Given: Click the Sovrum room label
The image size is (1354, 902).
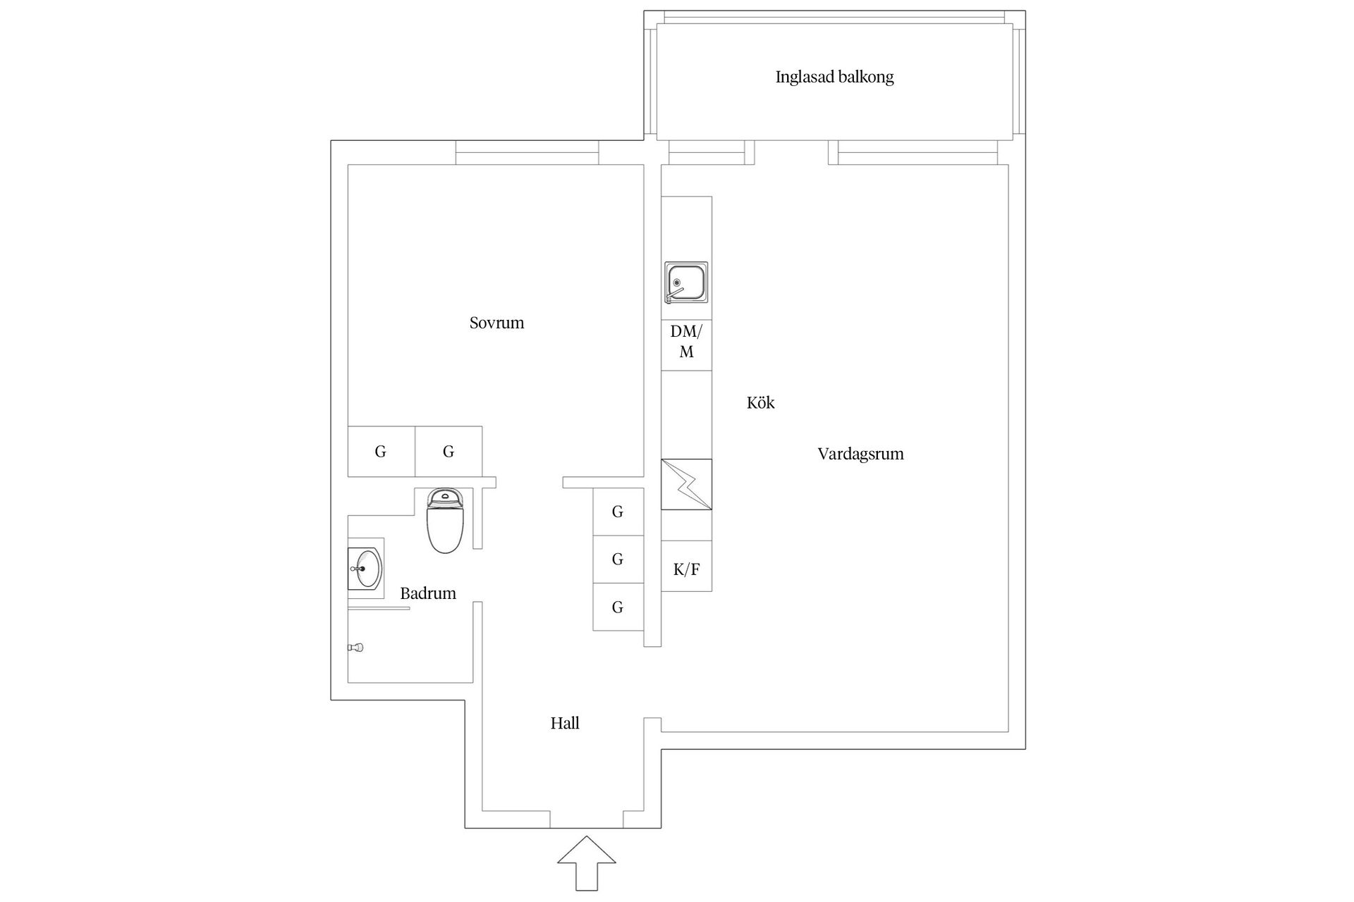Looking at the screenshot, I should click(496, 323).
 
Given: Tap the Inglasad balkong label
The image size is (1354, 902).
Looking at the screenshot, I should click(834, 77).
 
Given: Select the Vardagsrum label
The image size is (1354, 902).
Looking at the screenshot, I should click(860, 454).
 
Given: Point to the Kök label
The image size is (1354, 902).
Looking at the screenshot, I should click(760, 403).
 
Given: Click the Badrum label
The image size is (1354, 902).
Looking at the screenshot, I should click(427, 593).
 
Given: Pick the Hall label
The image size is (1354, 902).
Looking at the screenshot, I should click(565, 723).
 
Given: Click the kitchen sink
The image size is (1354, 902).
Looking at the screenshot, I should click(686, 283).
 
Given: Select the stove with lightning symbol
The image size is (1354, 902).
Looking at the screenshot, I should click(686, 484).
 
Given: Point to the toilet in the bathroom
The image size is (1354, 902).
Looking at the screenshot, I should click(445, 521).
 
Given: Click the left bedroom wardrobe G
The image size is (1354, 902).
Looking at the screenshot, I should click(381, 452).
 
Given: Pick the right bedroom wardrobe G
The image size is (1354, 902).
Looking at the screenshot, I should click(449, 452).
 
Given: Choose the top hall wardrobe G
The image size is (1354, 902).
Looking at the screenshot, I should click(618, 512).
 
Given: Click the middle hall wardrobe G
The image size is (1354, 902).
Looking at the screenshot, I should click(618, 560).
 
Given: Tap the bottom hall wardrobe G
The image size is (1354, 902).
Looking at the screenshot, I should click(618, 607).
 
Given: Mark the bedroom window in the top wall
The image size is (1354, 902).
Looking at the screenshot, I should click(527, 153).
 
